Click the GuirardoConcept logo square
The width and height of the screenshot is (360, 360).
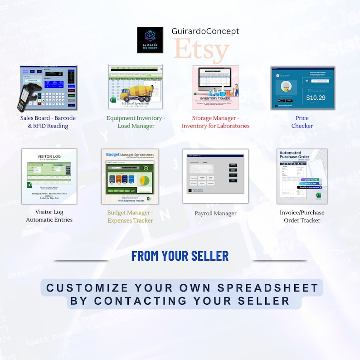(150, 40)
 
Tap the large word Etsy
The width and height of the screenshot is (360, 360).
(201, 50)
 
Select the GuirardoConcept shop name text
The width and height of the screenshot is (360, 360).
(205, 31)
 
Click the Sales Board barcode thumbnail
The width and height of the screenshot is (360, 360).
(49, 88)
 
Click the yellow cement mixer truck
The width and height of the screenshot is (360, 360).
(137, 92)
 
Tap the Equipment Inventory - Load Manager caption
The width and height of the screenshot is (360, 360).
(136, 122)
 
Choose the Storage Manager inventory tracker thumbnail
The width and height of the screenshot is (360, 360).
(215, 88)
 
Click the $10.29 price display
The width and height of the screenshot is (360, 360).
(316, 97)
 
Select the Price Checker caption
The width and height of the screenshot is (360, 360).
(302, 122)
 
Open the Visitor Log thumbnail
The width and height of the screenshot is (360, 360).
(49, 176)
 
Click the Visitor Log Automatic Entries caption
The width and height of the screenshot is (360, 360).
(49, 216)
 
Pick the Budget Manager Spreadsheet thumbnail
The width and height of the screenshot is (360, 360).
(130, 176)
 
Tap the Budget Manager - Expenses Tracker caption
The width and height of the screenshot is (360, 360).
(130, 216)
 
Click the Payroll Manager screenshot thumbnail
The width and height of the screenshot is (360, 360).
(215, 176)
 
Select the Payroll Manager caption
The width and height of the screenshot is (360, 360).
(215, 213)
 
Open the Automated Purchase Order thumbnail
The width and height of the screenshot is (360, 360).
(302, 176)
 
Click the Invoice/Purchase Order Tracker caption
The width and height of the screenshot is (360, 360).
(302, 216)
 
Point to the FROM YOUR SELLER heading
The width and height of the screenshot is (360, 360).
(180, 256)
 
